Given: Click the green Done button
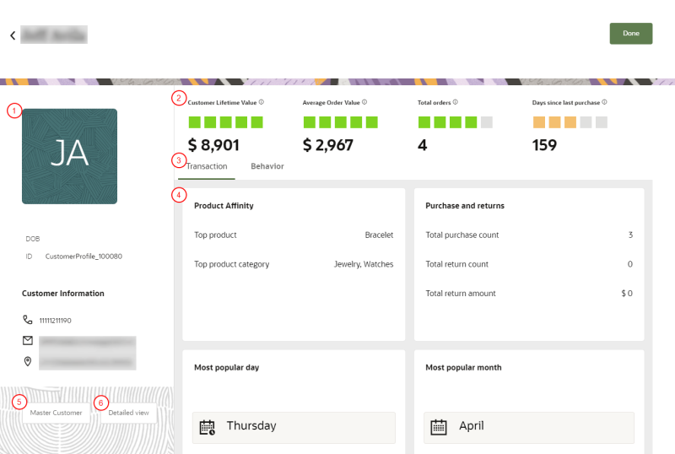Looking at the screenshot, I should click(630, 33).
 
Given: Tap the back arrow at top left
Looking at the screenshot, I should click(13, 35).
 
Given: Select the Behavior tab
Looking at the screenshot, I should click(267, 166).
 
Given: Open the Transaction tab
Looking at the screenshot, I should click(207, 166).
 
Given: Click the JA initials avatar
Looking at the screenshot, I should click(69, 156).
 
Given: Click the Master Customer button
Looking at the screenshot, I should click(57, 413).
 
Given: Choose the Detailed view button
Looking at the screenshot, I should click(128, 413).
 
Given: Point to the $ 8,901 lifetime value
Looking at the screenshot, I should click(213, 144).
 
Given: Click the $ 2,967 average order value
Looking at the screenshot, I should click(328, 144).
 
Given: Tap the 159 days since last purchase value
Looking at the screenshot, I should click(545, 144).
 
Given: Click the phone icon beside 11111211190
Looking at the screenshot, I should click(28, 321).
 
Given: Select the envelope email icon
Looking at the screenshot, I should click(28, 341).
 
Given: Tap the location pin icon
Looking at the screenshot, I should click(28, 361).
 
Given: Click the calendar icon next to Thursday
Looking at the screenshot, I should click(207, 427).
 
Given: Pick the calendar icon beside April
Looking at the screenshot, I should click(438, 427).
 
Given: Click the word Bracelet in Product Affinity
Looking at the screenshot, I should click(379, 235).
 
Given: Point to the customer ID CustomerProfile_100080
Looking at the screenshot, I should click(84, 256).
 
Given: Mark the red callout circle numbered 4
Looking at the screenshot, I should click(177, 195).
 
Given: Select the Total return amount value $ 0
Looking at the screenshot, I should click(626, 293).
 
